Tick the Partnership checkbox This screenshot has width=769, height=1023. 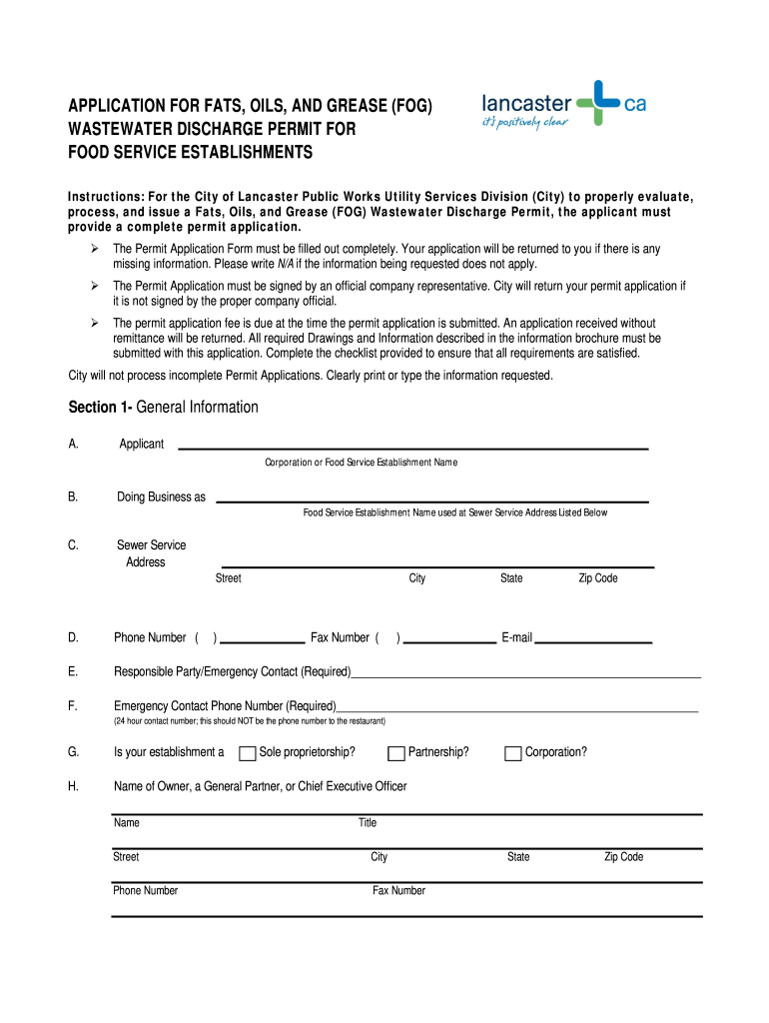(x=395, y=753)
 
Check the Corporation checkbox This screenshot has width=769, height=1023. (x=513, y=753)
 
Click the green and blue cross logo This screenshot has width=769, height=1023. (x=599, y=103)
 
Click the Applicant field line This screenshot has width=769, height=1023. (x=412, y=448)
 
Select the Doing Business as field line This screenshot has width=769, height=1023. (x=431, y=501)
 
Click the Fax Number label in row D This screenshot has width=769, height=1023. (x=340, y=637)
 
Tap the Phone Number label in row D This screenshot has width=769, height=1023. (x=150, y=637)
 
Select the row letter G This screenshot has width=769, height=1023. (x=73, y=752)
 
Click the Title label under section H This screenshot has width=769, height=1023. (x=368, y=823)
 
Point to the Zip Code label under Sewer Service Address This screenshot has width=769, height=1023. (x=598, y=578)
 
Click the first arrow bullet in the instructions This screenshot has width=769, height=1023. (x=92, y=248)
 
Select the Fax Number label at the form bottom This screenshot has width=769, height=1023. (x=398, y=890)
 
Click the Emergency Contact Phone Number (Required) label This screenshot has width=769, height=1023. (x=225, y=705)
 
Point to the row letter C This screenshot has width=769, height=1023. (x=73, y=545)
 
